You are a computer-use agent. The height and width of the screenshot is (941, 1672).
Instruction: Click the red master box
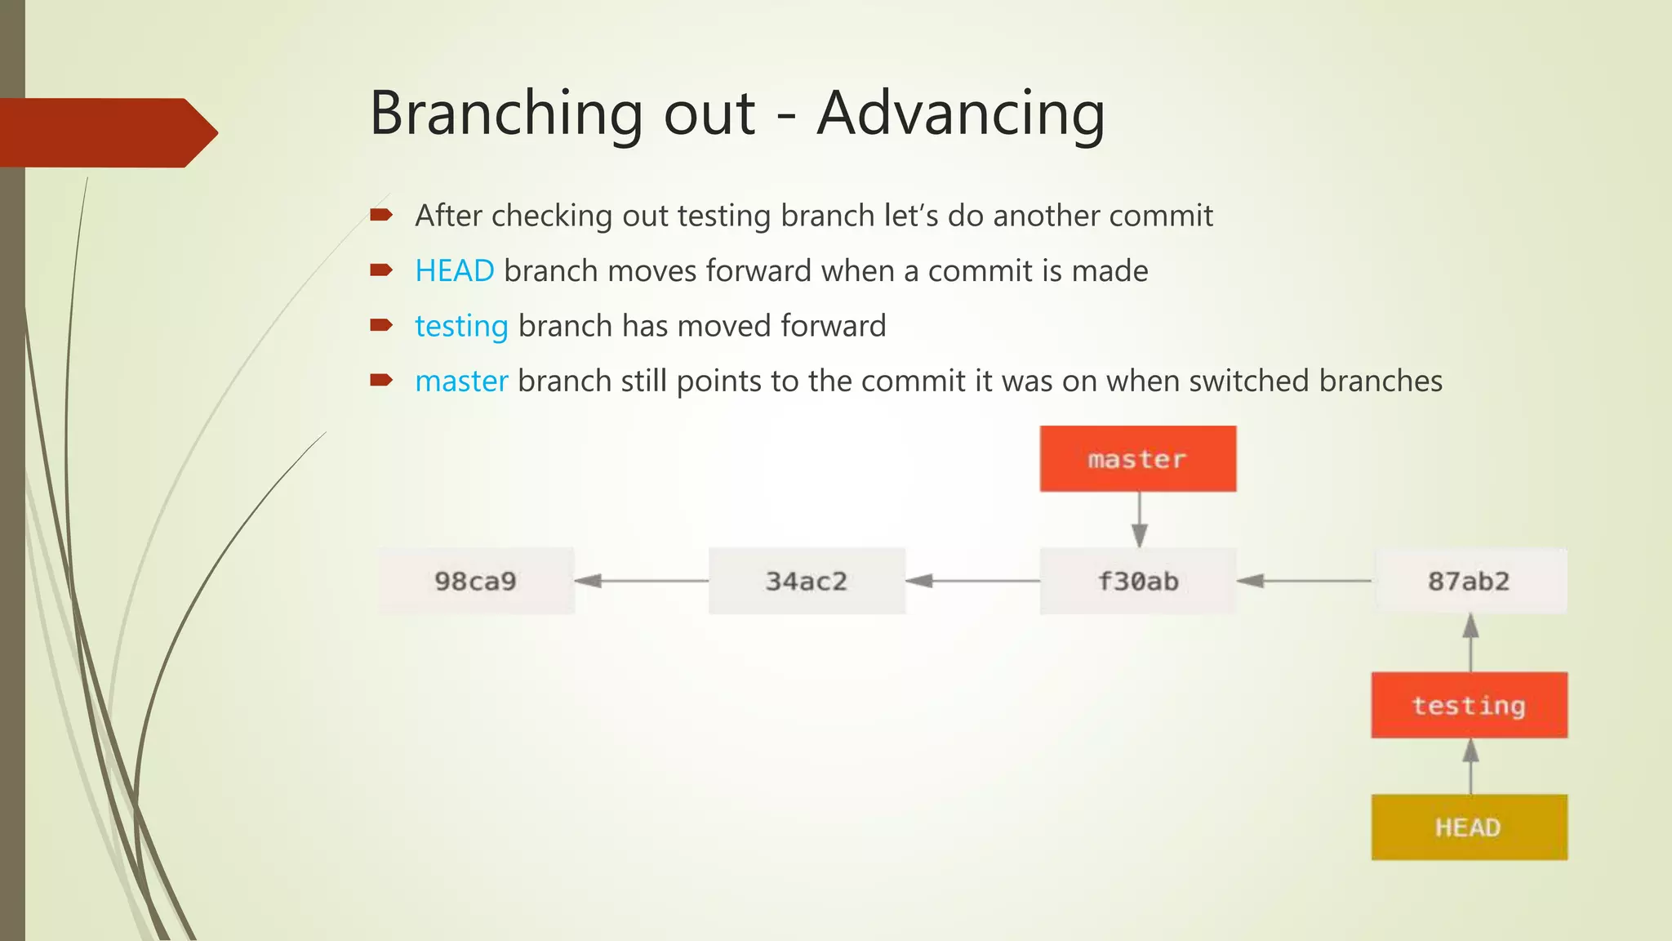tap(1137, 458)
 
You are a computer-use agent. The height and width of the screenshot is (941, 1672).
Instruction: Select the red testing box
tap(1469, 705)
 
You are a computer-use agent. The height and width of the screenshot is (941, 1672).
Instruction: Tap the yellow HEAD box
tap(1469, 827)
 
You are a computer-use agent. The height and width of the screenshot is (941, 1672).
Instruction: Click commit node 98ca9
tap(476, 581)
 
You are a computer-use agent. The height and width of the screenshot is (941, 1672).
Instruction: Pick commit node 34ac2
tap(807, 581)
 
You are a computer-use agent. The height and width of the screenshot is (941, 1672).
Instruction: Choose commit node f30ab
tap(1137, 581)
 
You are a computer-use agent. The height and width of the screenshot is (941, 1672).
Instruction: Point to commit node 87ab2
tap(1470, 581)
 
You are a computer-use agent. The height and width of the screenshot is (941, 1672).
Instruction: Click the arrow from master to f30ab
tap(1140, 520)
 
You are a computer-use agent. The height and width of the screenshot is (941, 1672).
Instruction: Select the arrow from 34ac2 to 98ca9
tap(642, 581)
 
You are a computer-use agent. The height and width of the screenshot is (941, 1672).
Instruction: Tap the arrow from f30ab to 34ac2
tap(972, 581)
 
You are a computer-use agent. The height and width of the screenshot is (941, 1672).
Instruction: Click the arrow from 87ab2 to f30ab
tap(1305, 581)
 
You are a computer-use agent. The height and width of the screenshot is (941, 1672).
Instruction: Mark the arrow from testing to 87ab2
tap(1470, 643)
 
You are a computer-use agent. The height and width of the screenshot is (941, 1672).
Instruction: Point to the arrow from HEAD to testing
tap(1470, 766)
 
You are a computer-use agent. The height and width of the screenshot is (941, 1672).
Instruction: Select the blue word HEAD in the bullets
tap(454, 270)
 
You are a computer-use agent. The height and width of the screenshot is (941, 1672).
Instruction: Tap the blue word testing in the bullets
tap(461, 326)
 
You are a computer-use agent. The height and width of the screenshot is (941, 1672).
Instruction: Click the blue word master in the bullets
tap(461, 381)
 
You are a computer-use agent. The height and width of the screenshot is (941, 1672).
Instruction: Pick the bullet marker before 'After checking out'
tap(380, 216)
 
